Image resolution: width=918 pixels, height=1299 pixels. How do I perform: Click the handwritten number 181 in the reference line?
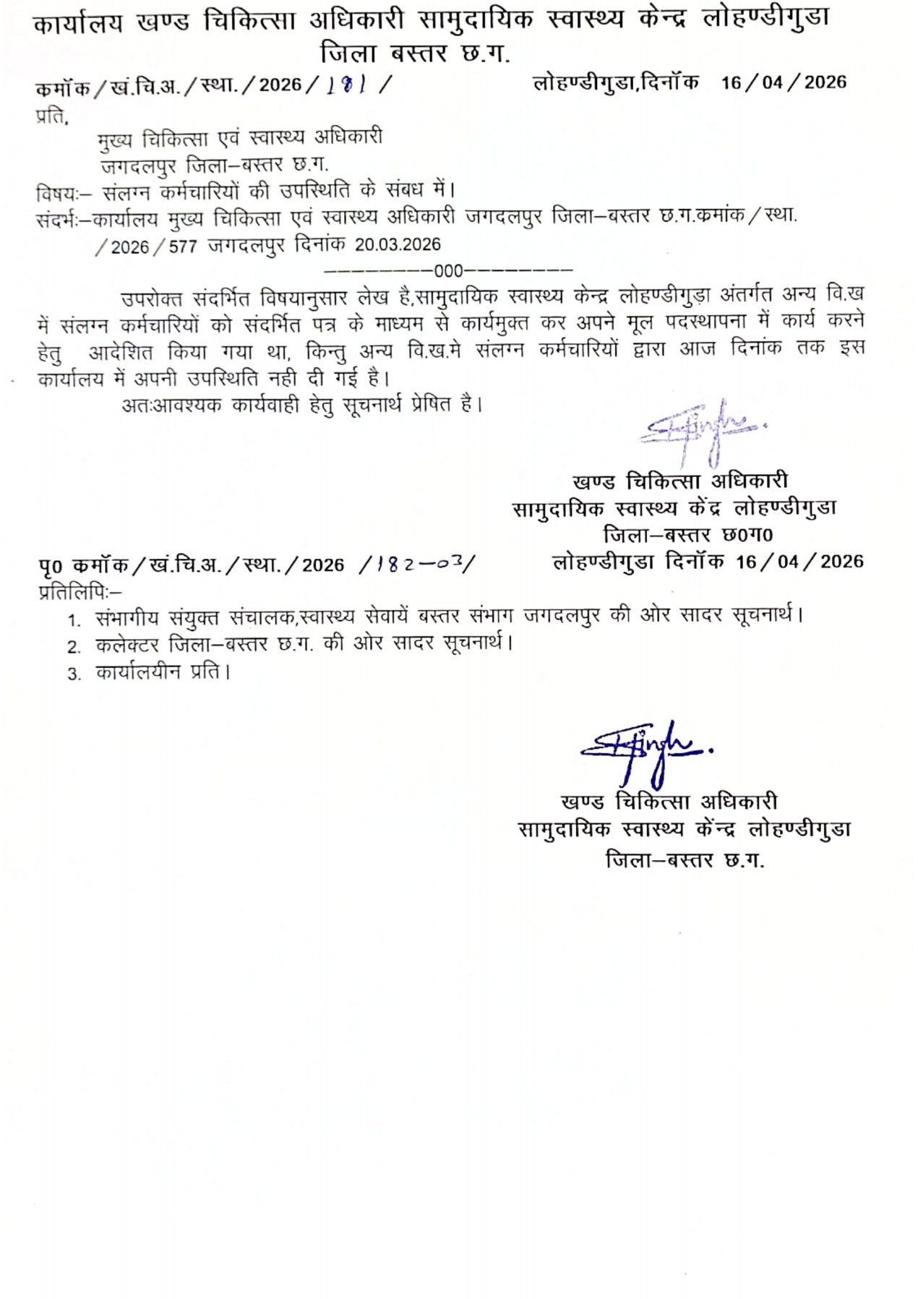point(347,85)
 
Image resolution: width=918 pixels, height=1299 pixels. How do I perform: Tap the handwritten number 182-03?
point(422,564)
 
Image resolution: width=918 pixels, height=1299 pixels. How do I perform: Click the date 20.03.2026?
point(398,245)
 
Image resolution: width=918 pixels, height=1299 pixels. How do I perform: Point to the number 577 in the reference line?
point(183,246)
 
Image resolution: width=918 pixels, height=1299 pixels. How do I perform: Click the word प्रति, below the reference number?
point(52,115)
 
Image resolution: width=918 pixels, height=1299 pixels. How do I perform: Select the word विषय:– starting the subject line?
point(64,193)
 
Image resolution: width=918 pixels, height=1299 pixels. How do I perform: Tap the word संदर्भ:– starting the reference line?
point(64,218)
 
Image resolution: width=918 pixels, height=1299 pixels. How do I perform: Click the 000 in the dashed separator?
point(448,271)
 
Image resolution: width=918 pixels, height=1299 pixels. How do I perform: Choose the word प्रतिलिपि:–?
point(80,591)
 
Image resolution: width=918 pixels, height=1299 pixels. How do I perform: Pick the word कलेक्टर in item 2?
point(126,644)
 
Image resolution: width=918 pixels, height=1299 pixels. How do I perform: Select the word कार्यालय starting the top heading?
point(78,24)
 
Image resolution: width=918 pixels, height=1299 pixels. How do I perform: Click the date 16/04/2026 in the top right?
point(784,82)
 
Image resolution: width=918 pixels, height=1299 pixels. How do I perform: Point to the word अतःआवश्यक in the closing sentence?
point(171,405)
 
